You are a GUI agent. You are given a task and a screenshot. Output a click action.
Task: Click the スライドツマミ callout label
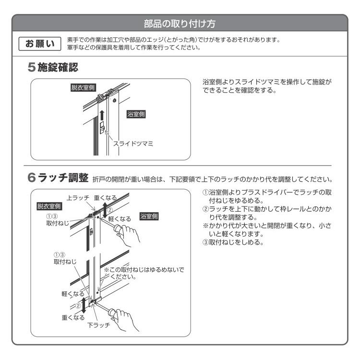pyautogui.click(x=133, y=143)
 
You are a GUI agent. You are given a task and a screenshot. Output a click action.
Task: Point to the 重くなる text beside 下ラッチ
pyautogui.click(x=72, y=317)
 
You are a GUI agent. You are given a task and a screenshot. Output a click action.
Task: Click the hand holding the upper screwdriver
pyautogui.click(x=131, y=237)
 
